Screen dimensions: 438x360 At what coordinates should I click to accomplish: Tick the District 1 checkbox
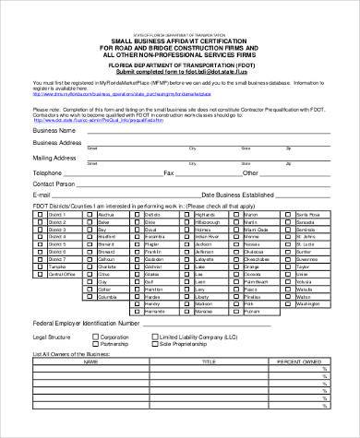click(39, 214)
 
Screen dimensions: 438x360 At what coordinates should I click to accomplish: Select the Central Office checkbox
click(39, 274)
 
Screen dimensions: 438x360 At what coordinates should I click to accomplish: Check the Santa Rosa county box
click(288, 214)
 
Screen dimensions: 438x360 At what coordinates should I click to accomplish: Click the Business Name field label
click(54, 131)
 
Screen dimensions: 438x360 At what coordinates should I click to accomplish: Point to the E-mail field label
click(41, 195)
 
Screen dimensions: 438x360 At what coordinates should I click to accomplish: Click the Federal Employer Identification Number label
click(86, 325)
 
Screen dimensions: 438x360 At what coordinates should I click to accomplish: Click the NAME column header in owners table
click(90, 361)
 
